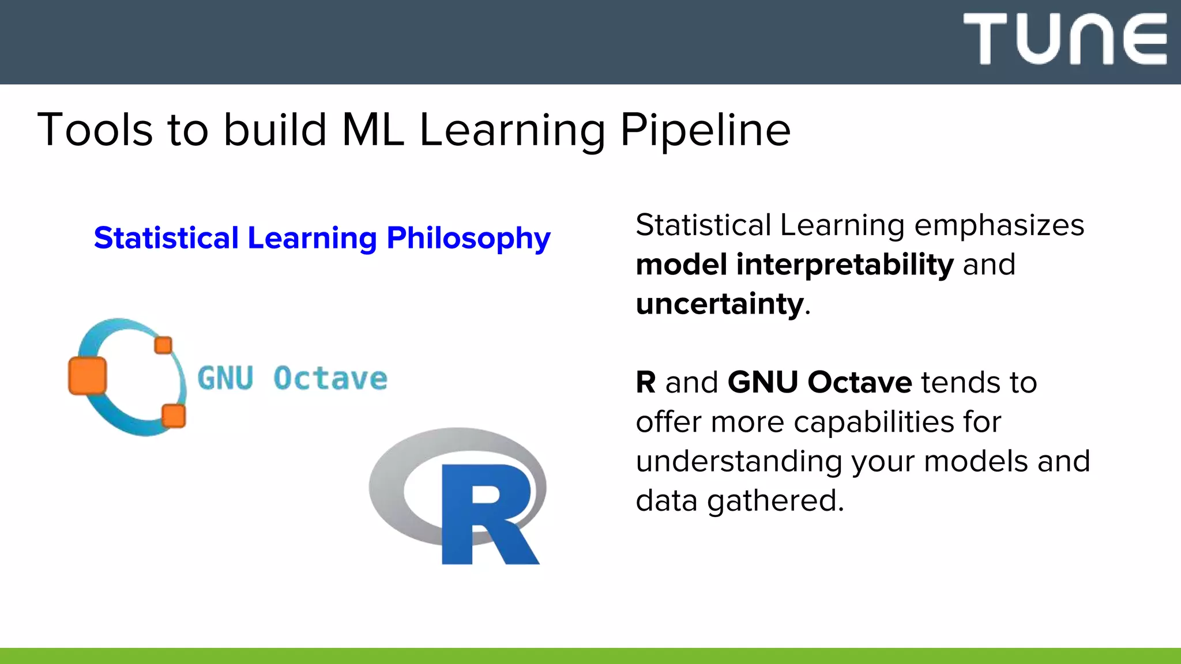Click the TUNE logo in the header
[x=1065, y=39]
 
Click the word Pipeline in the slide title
[x=705, y=130]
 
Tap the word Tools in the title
[x=95, y=130]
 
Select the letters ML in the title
[x=373, y=130]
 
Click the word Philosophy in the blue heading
[x=468, y=239]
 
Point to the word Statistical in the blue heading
[x=166, y=239]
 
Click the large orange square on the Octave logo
[x=88, y=376]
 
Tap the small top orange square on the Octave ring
[x=163, y=345]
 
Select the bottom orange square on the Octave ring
[x=173, y=416]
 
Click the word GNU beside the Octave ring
[x=225, y=379]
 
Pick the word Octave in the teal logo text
[x=330, y=379]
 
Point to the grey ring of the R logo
[x=392, y=490]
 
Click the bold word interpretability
[x=844, y=265]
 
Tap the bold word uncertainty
[x=720, y=304]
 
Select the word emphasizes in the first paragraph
[x=999, y=225]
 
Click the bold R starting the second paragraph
[x=646, y=383]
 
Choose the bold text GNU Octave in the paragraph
[x=819, y=383]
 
